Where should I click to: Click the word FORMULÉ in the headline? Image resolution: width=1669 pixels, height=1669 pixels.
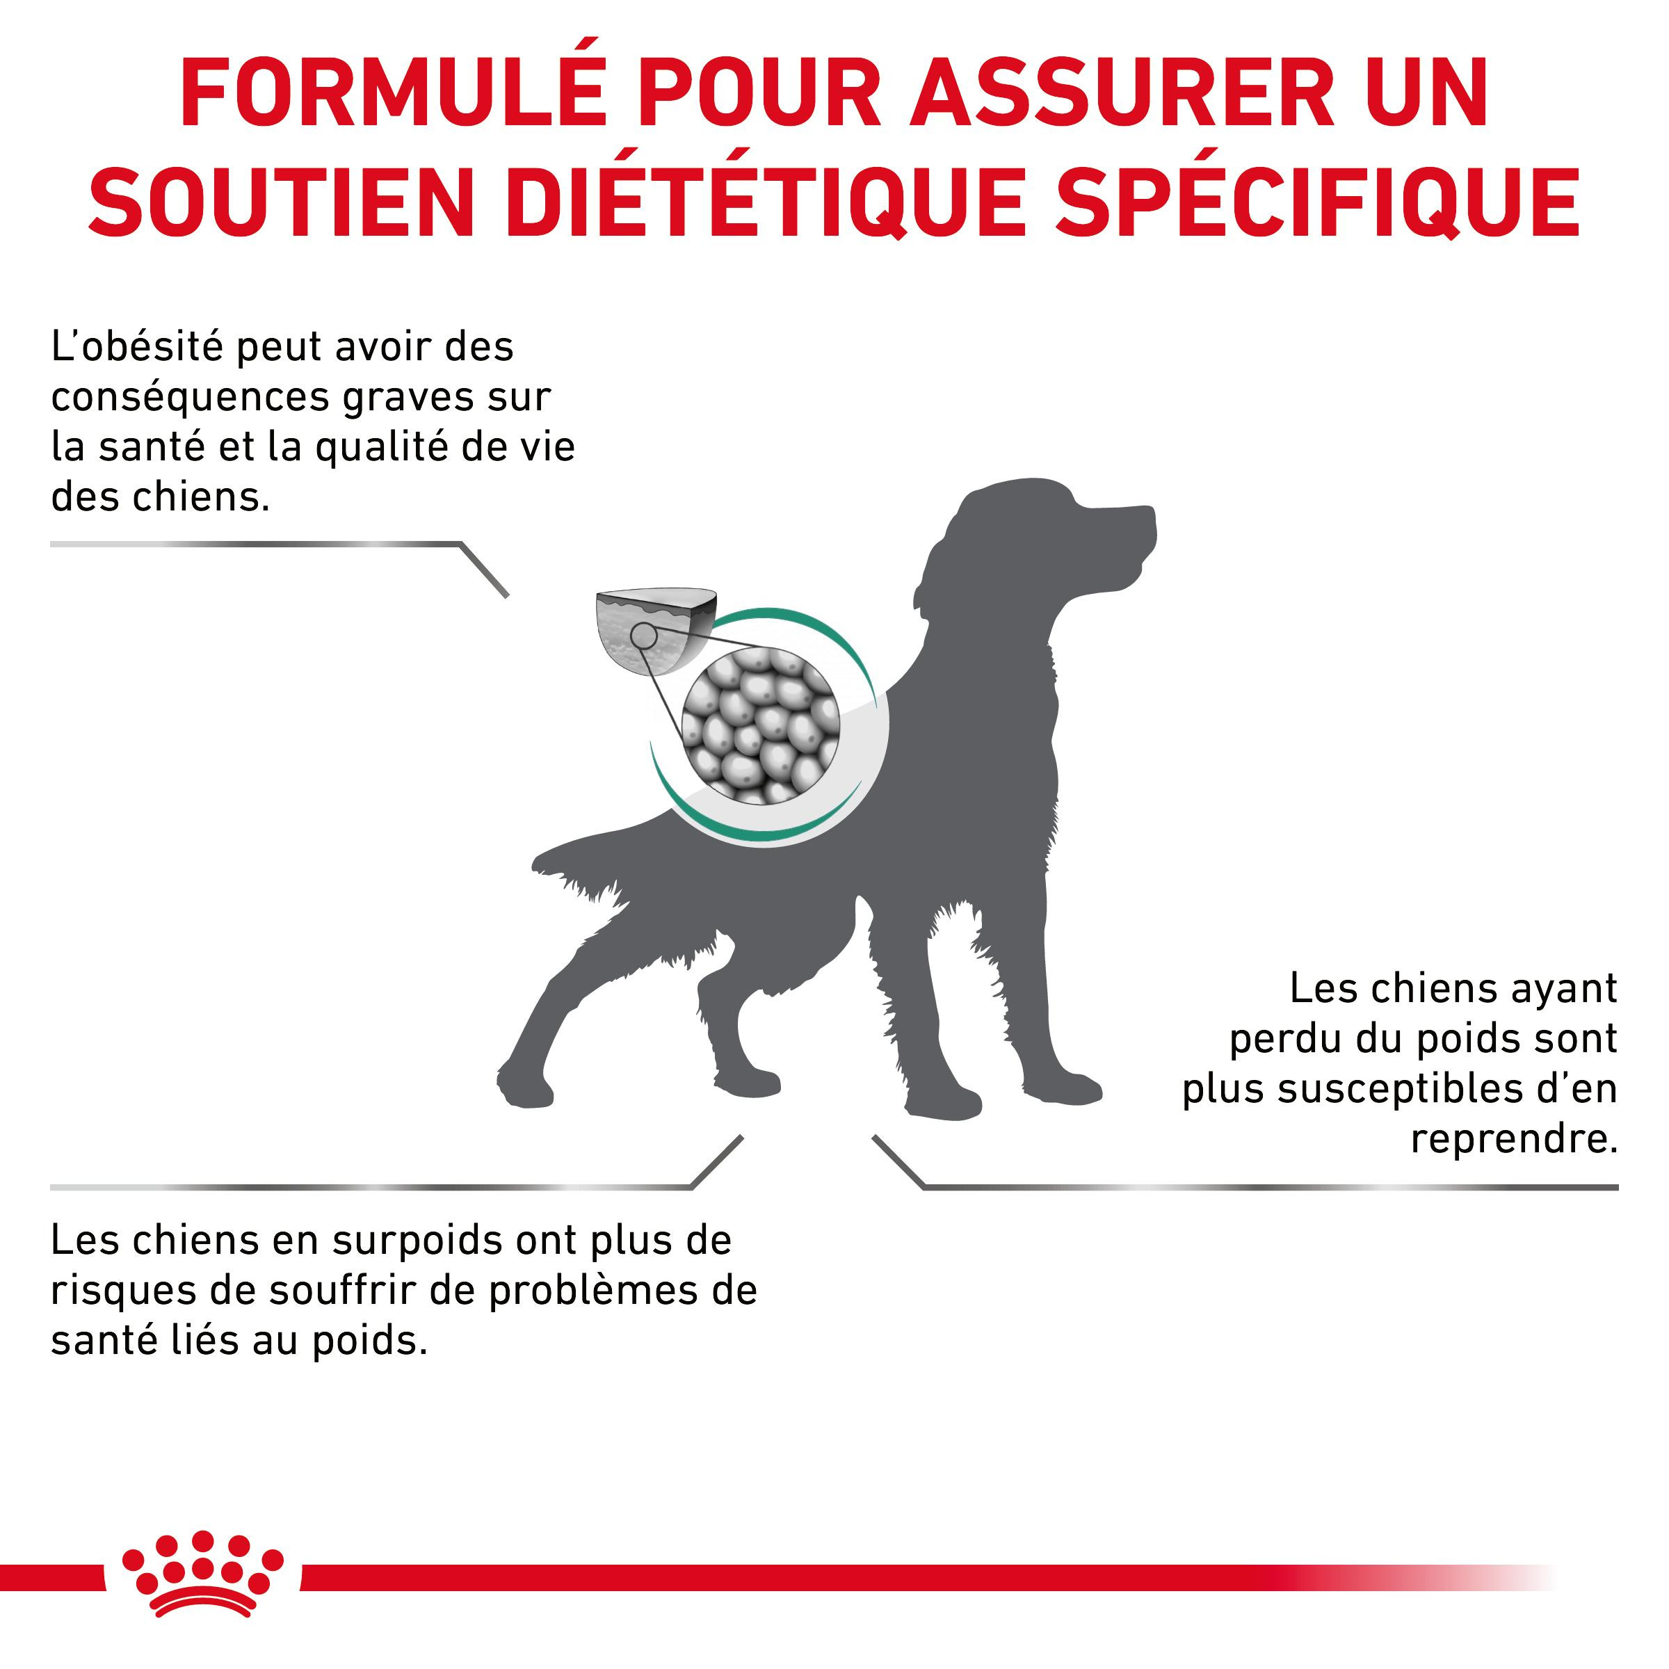tap(394, 93)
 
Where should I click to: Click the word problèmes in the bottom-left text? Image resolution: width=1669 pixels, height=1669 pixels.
tap(588, 1291)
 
